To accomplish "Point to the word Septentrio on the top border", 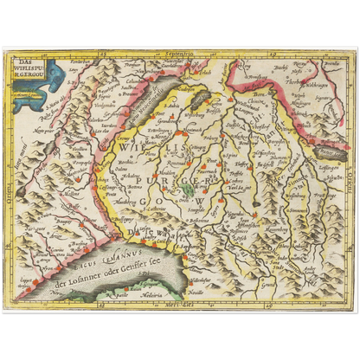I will click(x=180, y=54).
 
